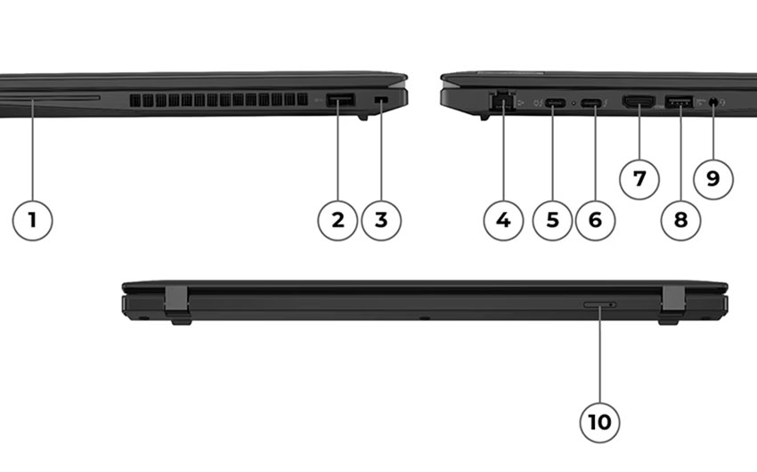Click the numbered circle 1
tap(32, 221)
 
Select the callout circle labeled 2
tap(338, 221)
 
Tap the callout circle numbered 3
tap(381, 221)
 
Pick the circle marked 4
tap(503, 221)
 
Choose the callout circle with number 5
tap(552, 221)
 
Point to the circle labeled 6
tap(595, 221)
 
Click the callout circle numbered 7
tap(639, 179)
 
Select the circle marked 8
tap(680, 221)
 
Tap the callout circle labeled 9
tap(713, 179)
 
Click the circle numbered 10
tap(599, 422)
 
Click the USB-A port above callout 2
tap(340, 100)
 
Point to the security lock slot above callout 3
tap(381, 99)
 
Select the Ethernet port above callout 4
tap(502, 102)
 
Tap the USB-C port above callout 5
tap(556, 102)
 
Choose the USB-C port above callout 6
tap(591, 102)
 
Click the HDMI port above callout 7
tap(639, 102)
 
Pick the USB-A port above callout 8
tap(680, 102)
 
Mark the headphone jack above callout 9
tap(713, 102)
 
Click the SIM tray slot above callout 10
tap(600, 305)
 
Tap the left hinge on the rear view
tap(176, 302)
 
